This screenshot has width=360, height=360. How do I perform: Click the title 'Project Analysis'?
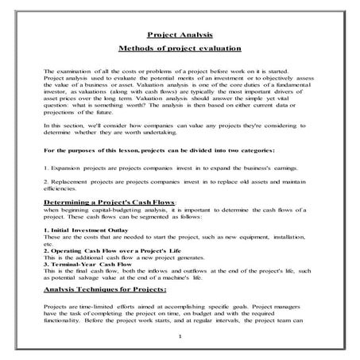[x=179, y=34]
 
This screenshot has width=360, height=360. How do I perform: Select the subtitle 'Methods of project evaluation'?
[x=179, y=48]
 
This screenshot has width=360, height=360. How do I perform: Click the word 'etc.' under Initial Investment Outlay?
[x=50, y=243]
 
